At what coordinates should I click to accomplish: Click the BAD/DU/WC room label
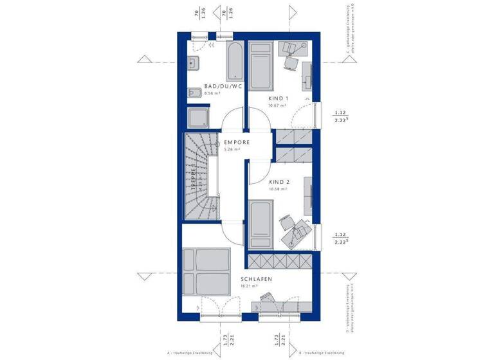(223, 86)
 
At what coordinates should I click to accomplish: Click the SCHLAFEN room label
(257, 279)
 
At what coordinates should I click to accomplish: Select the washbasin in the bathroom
(193, 63)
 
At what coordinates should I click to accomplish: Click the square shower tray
(198, 118)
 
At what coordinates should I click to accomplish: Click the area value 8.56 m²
(212, 94)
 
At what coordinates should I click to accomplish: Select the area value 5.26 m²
(232, 149)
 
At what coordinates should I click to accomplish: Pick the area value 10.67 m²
(277, 106)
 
